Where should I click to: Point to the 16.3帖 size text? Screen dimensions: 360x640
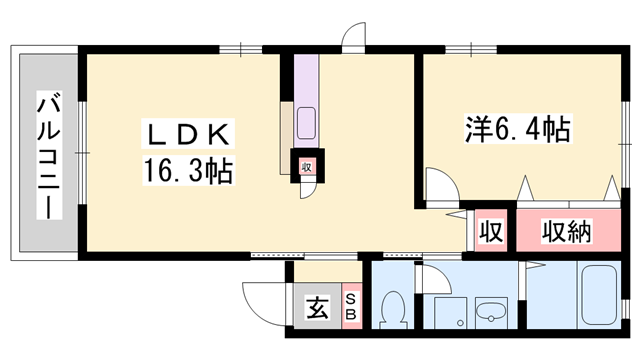point(191,172)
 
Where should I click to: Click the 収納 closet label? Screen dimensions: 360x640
point(567,232)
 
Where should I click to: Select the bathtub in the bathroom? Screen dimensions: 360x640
point(600,296)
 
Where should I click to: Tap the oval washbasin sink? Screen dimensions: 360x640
point(490,314)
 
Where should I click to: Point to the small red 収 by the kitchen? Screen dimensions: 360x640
point(305,167)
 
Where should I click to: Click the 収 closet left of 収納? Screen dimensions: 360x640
point(490,232)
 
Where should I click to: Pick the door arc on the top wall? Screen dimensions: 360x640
point(354,38)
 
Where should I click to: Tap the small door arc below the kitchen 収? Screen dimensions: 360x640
point(305,190)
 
